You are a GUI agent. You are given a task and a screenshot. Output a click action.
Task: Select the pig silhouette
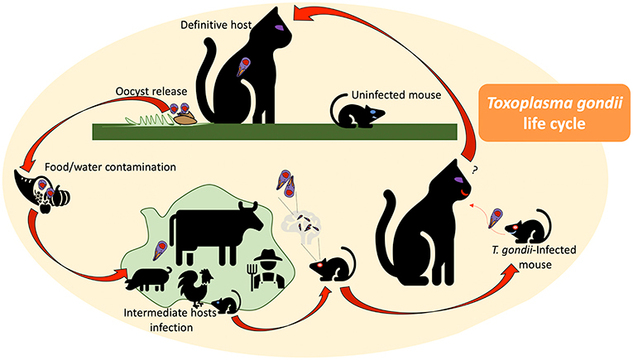[x=149, y=278]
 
